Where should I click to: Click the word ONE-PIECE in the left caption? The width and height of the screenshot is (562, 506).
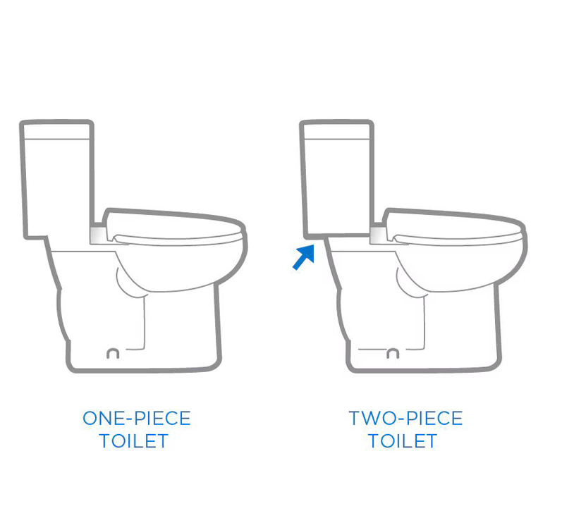137,419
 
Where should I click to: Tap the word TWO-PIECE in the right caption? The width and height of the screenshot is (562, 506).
405,419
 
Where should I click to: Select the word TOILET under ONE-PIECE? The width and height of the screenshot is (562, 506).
134,441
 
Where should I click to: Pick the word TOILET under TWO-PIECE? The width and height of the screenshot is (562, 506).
403,441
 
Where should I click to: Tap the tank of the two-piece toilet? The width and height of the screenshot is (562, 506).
337,179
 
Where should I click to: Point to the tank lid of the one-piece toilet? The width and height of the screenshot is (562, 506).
56,130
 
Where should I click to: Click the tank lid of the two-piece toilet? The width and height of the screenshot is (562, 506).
336,130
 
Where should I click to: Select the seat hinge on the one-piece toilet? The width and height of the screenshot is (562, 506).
99,234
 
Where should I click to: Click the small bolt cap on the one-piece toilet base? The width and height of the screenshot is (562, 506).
113,353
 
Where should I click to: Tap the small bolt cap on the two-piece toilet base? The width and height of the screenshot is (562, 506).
393,353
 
